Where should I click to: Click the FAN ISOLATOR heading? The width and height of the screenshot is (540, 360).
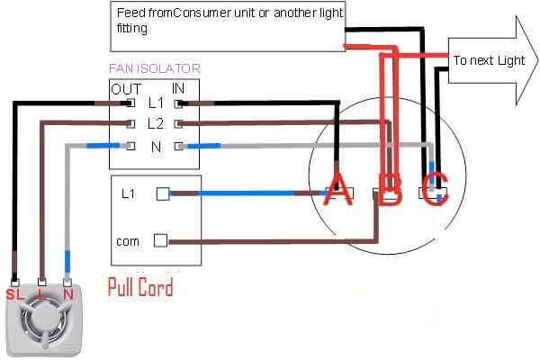tap(155, 68)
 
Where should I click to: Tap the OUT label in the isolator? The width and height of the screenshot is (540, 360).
tap(126, 90)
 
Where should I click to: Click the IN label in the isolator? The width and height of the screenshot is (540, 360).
tap(178, 88)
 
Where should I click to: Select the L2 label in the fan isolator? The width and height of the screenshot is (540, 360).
tap(156, 123)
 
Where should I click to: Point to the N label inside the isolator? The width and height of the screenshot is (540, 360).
tap(156, 147)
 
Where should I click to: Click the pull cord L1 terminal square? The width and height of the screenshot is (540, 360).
tap(163, 194)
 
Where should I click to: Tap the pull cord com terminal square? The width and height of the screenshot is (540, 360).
tap(160, 240)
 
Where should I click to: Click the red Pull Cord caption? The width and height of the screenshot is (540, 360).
tap(140, 287)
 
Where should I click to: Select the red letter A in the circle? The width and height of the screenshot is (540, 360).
tap(338, 189)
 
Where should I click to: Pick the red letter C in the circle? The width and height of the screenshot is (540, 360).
tap(435, 189)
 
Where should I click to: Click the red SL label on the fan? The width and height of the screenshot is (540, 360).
tap(14, 295)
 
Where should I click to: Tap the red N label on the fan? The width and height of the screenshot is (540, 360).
tap(68, 294)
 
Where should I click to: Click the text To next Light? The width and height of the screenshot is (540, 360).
tap(489, 60)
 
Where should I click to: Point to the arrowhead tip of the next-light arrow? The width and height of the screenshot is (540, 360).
tap(537, 60)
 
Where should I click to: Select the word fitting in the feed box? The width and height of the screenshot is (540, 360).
tap(132, 28)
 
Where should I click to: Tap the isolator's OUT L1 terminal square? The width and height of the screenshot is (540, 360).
tap(130, 103)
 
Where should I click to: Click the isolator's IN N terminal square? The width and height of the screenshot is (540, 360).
tap(178, 147)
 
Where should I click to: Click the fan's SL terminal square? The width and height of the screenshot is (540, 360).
tap(14, 283)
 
